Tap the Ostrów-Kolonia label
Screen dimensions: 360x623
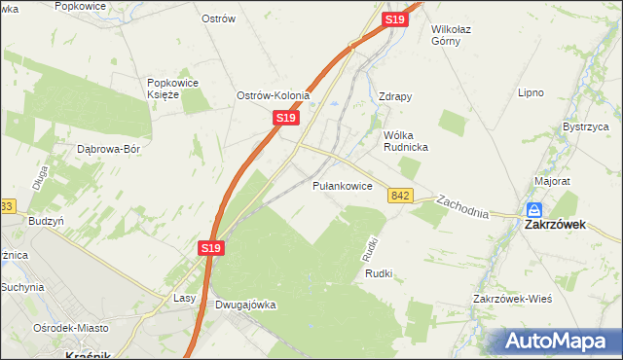[x=274, y=95]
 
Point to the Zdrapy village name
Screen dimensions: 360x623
[x=395, y=97]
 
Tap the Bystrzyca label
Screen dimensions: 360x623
[x=586, y=127]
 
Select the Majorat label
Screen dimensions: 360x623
[x=552, y=181]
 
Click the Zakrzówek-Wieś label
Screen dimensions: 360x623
[x=512, y=298]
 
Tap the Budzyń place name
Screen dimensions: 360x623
[x=46, y=221]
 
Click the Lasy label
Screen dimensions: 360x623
[x=185, y=298]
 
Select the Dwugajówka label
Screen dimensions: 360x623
[x=245, y=305]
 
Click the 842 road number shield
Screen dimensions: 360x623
[x=399, y=196]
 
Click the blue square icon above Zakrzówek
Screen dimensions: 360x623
[x=534, y=209]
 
